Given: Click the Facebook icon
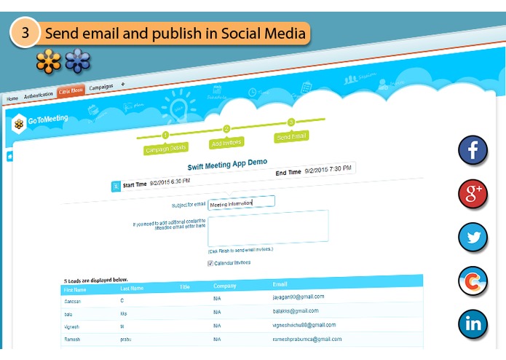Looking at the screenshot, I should (x=473, y=150).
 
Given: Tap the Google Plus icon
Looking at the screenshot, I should (x=473, y=194).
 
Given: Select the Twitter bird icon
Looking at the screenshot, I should (x=473, y=237).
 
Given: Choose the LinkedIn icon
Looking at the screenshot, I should (x=473, y=324).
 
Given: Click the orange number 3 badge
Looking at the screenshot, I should (x=25, y=33).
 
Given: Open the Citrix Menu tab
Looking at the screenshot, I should (x=71, y=90).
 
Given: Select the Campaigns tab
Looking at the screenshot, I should (x=100, y=87).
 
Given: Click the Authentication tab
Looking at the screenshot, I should (x=39, y=95).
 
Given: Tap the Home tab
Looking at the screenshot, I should (x=12, y=98).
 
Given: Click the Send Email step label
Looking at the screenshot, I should (x=291, y=136).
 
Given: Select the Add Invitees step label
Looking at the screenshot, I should (x=226, y=143).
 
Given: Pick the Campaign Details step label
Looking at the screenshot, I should (x=166, y=149).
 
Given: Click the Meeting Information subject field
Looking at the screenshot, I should (x=241, y=203).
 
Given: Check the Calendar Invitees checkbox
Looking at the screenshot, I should (x=211, y=263).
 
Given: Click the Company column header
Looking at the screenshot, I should (x=225, y=286).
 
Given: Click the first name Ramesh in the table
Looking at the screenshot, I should (x=74, y=340).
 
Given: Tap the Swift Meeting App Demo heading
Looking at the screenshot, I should (x=227, y=165).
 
